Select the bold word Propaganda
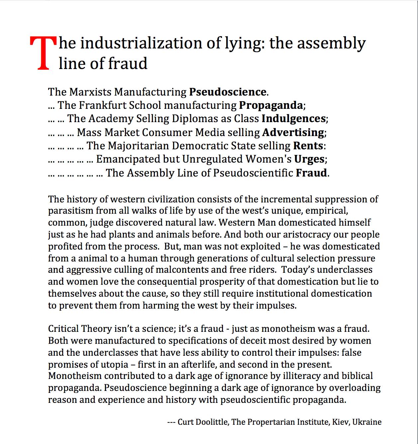[271, 105]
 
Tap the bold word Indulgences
[293, 118]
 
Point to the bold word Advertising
[293, 132]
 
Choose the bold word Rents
[308, 146]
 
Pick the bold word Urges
[309, 159]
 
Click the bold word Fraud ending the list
[311, 173]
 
